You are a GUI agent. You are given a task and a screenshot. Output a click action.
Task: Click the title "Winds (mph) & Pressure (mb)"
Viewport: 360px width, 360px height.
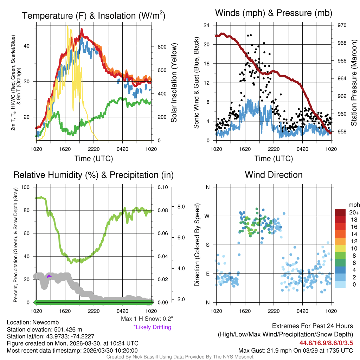click(x=274, y=13)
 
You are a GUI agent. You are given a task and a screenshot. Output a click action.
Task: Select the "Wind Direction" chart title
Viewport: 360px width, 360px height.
click(x=274, y=175)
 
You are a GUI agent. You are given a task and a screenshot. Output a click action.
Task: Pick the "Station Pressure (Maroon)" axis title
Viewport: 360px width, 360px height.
click(x=354, y=83)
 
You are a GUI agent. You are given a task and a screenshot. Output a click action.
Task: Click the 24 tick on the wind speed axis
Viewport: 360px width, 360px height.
click(x=207, y=25)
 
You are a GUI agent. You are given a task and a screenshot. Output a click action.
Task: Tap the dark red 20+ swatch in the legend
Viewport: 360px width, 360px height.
click(x=340, y=212)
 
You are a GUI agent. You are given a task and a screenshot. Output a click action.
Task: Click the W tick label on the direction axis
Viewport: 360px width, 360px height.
click(x=207, y=216)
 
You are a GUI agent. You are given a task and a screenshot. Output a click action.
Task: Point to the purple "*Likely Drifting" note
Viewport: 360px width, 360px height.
click(x=152, y=327)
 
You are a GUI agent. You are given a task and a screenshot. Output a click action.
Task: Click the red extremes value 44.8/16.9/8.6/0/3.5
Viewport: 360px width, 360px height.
click(x=326, y=343)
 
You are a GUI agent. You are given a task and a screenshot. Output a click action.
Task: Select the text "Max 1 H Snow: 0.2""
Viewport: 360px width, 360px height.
click(x=147, y=319)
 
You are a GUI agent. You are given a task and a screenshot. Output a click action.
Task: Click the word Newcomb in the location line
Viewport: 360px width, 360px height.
click(x=47, y=322)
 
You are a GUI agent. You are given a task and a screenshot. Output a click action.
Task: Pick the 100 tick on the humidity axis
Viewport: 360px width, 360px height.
click(x=26, y=187)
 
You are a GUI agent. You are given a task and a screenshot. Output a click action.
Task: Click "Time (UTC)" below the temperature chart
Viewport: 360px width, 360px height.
click(x=94, y=159)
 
